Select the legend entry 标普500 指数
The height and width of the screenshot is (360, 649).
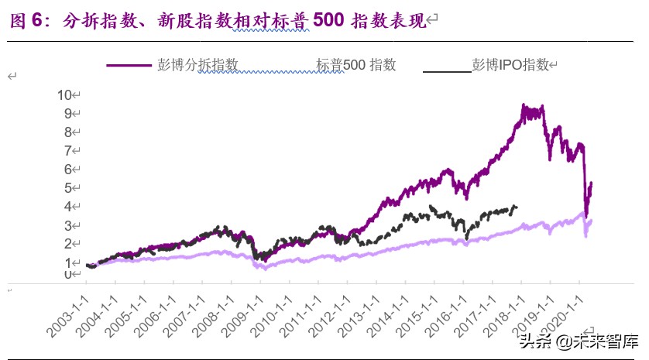(x=355, y=65)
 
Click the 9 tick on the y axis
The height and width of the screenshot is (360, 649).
(x=67, y=113)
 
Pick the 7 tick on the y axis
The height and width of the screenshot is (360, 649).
(x=67, y=150)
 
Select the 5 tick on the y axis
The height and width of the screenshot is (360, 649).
(x=67, y=187)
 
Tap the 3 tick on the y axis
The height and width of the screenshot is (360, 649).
(x=67, y=225)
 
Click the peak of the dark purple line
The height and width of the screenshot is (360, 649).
(x=524, y=106)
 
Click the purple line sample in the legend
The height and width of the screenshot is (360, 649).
(x=129, y=66)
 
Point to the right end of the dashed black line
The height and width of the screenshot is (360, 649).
(x=517, y=207)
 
